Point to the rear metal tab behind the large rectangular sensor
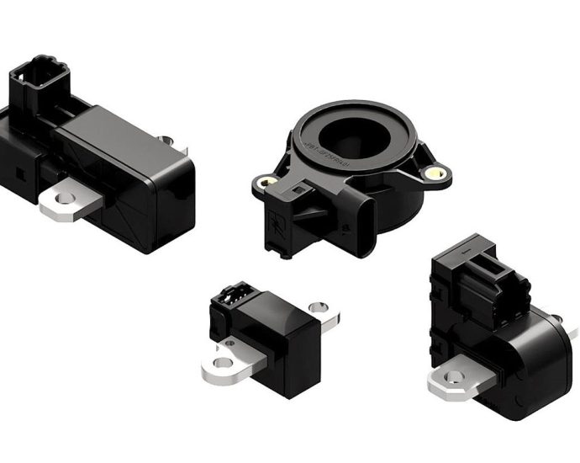coord(167,141)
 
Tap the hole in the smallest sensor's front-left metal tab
coord(222,363)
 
